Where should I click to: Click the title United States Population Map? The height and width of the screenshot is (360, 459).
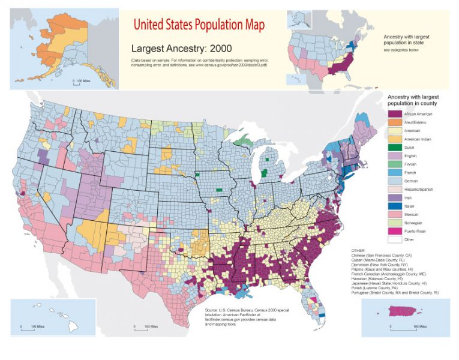click(x=199, y=25)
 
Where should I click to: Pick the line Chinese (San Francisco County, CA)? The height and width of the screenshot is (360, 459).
click(x=390, y=254)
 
